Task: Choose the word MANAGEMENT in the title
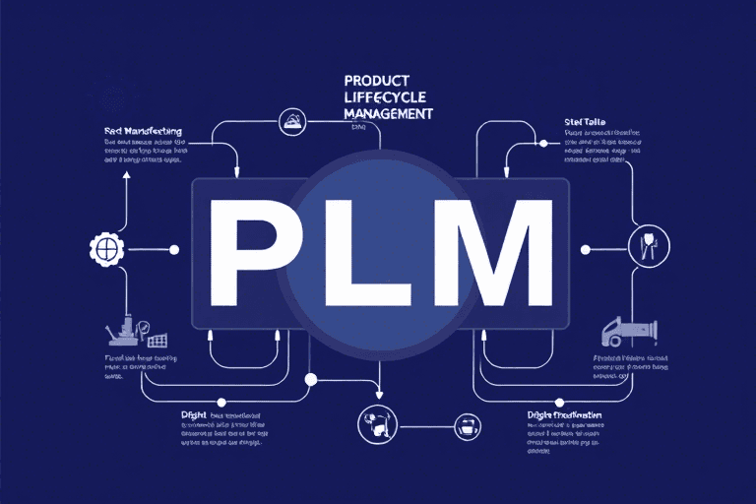389,113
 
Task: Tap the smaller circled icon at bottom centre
466,426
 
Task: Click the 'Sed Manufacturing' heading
143,130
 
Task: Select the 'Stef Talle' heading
585,123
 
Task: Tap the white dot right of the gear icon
174,250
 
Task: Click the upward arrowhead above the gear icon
126,176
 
